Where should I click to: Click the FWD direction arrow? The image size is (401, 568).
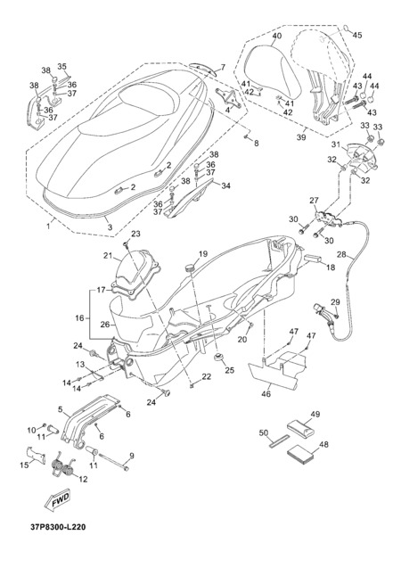tap(57, 501)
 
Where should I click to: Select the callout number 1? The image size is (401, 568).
tap(48, 226)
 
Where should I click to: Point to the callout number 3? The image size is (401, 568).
tap(110, 227)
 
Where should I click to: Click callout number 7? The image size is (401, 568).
tap(223, 67)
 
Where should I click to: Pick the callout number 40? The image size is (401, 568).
tap(277, 36)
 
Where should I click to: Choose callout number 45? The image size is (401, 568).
tap(357, 35)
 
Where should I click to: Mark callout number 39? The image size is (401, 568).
tap(301, 137)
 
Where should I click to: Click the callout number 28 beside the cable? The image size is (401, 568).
tap(342, 254)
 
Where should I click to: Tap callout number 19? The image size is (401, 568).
tap(203, 253)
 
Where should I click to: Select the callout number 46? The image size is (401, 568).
tap(266, 394)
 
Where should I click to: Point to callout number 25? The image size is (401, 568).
tap(229, 370)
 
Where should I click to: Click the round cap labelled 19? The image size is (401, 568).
tap(191, 268)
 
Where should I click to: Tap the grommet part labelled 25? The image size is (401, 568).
tap(218, 358)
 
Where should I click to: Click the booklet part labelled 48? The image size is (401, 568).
tap(300, 455)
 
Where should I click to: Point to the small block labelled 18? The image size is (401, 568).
tap(313, 259)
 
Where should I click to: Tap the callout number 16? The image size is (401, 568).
tap(79, 318)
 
